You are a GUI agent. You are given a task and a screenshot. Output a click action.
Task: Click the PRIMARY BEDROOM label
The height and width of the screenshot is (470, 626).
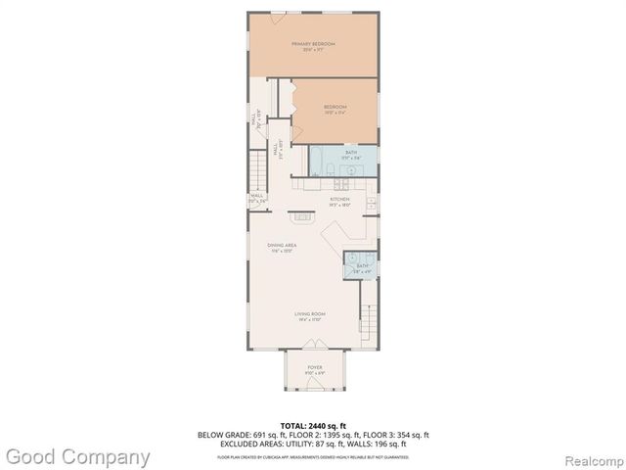(x=313, y=45)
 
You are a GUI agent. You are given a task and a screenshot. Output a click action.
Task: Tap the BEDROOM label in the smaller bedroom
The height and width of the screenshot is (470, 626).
(x=335, y=108)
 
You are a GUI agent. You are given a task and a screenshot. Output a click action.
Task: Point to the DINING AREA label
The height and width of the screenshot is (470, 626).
(x=284, y=246)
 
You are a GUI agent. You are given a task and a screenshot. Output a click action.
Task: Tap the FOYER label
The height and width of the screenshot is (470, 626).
(x=314, y=368)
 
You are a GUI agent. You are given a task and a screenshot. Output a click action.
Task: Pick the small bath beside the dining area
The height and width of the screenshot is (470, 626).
(x=361, y=265)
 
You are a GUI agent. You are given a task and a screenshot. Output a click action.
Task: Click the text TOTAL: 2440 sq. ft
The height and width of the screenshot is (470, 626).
(x=312, y=425)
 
